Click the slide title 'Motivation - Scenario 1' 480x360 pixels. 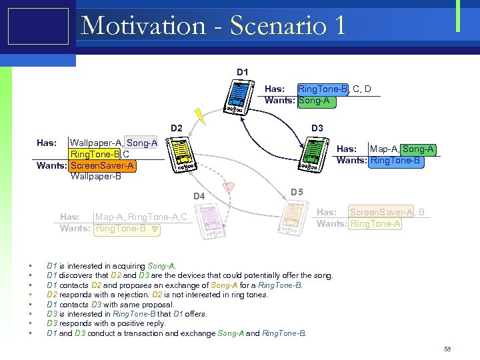[x=213, y=26]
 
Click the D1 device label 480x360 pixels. [x=242, y=71]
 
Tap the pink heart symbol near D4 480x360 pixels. [x=229, y=187]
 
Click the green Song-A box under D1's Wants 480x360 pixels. [x=317, y=101]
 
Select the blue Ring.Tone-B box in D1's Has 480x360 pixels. [x=323, y=89]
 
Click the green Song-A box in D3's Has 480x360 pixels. [x=419, y=149]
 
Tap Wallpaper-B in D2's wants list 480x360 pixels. [x=95, y=176]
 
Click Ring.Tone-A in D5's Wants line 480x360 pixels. [x=375, y=223]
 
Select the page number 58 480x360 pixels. [x=447, y=349]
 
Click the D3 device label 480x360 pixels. [x=317, y=127]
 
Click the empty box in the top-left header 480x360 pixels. [x=38, y=26]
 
